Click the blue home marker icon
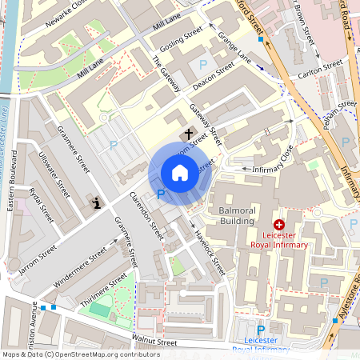click(x=180, y=173)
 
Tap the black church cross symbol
click(x=190, y=134)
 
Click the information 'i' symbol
click(x=98, y=203)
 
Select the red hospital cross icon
click(x=279, y=226)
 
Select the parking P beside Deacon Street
click(x=202, y=65)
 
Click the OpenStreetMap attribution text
click(x=70, y=354)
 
